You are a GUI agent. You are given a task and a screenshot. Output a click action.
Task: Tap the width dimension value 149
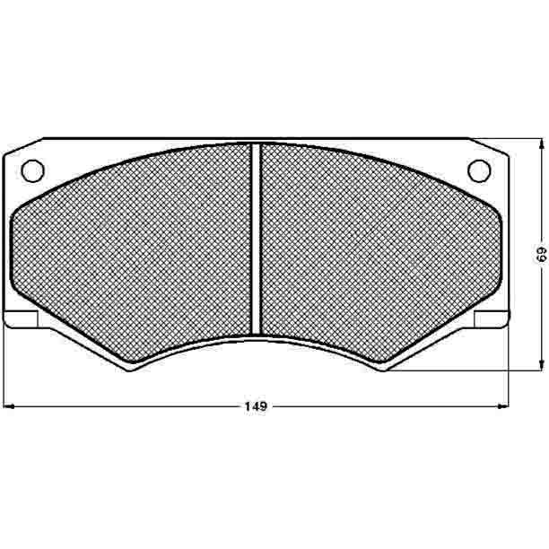[256, 406]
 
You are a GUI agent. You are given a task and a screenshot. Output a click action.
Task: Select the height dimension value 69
[542, 254]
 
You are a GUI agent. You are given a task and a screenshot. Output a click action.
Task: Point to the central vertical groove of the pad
[256, 240]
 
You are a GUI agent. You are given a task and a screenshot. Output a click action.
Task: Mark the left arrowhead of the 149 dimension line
[8, 406]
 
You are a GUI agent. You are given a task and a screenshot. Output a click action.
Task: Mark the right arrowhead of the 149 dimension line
[503, 406]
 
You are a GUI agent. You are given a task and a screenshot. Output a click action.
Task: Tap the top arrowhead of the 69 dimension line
[542, 144]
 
